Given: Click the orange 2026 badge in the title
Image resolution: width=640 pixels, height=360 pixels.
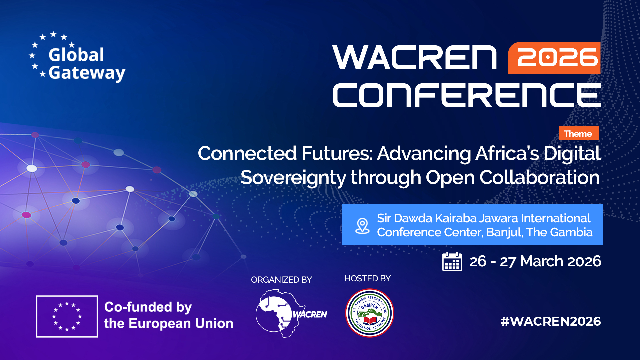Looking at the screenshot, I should [554, 58].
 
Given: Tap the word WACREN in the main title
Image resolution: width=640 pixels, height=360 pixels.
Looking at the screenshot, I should [415, 58].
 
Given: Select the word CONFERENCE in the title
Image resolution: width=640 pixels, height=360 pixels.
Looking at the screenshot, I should [467, 96].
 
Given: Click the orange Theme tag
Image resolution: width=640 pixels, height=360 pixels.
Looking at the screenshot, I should [578, 134].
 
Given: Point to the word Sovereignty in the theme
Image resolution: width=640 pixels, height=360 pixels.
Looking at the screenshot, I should [293, 177].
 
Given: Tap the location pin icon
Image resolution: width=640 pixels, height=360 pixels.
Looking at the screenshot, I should [362, 226].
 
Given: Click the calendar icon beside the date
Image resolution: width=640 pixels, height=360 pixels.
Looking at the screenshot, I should [452, 262].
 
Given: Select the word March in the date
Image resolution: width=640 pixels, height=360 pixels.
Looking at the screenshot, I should [542, 261].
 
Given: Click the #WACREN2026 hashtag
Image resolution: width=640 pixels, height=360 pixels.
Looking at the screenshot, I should [551, 321].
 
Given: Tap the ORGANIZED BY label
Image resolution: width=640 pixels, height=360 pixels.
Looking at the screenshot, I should [281, 280].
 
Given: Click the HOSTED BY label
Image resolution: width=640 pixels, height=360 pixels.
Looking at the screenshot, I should [367, 278].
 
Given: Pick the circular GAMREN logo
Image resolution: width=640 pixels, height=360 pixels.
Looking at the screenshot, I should [369, 313].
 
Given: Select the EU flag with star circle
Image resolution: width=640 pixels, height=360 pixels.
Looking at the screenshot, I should [67, 316].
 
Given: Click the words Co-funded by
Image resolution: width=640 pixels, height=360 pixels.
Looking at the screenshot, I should [148, 307].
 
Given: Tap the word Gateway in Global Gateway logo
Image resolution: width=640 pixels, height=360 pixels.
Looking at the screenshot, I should [87, 73].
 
